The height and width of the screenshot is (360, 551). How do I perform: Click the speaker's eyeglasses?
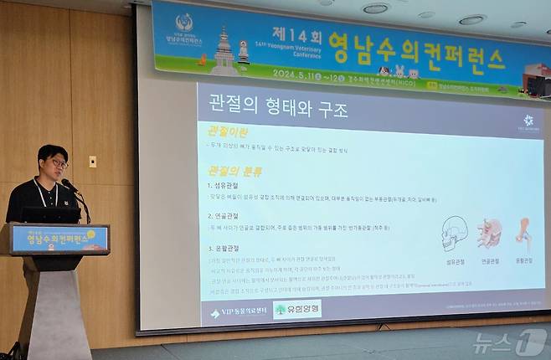point(57,162)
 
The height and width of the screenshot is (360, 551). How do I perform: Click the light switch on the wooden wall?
point(92,162)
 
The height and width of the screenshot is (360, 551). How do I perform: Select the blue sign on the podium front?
point(59,239)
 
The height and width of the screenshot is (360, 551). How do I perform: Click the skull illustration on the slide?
point(454,232)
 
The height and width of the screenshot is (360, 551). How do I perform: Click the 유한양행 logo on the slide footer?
point(296,310)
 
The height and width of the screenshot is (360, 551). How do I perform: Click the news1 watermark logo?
point(509,341)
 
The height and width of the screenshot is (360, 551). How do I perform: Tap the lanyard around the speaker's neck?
point(41,193)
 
